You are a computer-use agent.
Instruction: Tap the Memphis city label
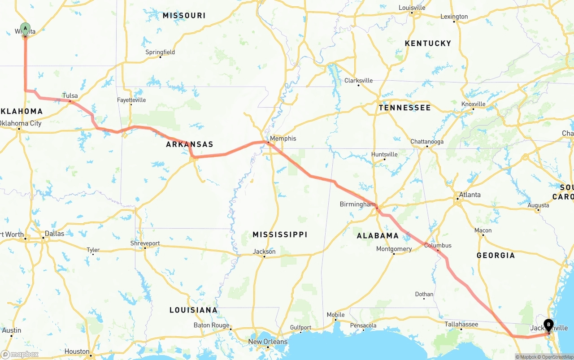pos(283,139)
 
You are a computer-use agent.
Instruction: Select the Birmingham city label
pos(357,204)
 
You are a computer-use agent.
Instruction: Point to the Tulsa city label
pos(70,95)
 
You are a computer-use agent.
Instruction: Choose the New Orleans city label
pos(268,342)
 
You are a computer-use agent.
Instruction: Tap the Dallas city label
pos(54,234)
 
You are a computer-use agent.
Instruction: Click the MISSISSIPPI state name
pos(280,234)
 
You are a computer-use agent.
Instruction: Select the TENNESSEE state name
pos(404,108)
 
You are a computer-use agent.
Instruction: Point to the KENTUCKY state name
pos(428,43)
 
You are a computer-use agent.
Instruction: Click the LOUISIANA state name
pos(193,310)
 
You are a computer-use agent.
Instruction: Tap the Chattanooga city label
pos(427,142)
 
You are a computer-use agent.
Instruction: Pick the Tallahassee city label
pos(461,324)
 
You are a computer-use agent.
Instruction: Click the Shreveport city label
pos(145,243)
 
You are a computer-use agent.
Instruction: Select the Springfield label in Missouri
pos(160,52)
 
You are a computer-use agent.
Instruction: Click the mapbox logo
pos(20,354)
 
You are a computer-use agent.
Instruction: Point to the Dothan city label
pos(424,294)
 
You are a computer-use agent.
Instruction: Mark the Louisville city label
pos(412,8)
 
